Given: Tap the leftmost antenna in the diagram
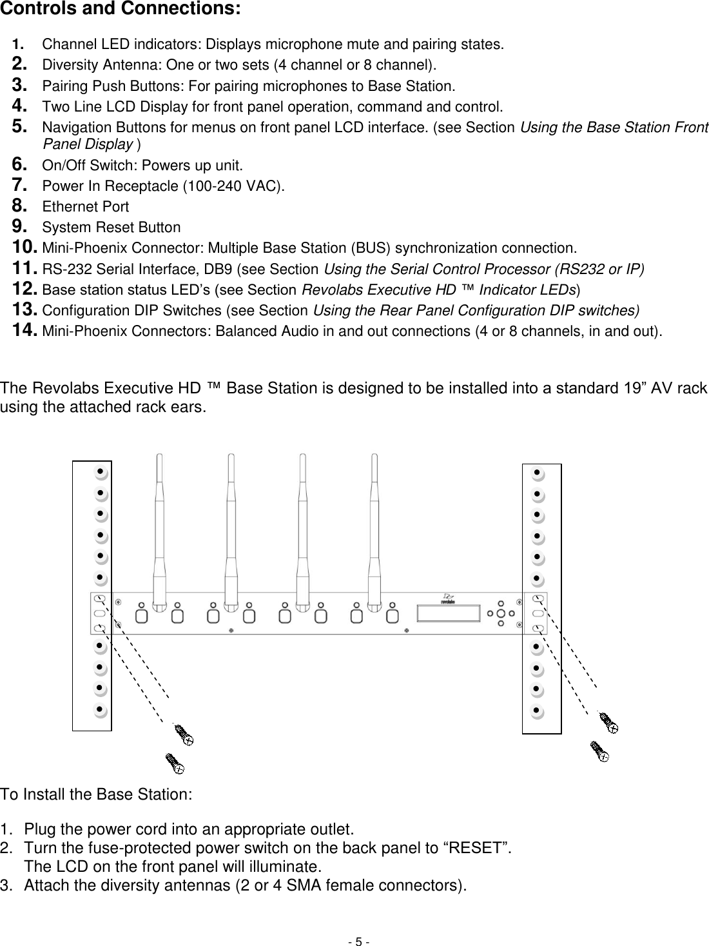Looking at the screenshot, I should point(159,522).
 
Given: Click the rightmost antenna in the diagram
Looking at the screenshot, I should point(373,522).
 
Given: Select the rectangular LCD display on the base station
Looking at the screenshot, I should point(448,613).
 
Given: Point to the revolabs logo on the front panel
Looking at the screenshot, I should point(447,598).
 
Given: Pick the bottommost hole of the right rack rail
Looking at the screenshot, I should point(536,712).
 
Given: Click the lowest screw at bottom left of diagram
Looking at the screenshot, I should point(175,763).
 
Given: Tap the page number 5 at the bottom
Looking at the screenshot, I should point(359,941).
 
